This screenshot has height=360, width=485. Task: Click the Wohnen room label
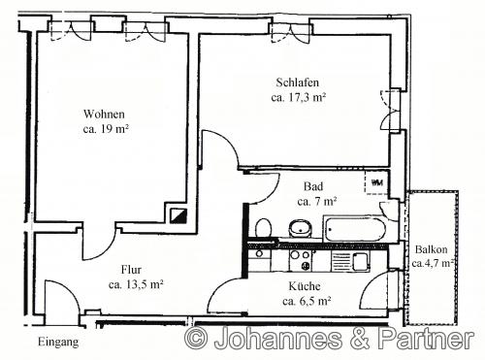(x=104, y=115)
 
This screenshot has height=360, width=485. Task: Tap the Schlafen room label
(x=298, y=82)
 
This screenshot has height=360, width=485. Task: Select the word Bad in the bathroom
(x=313, y=186)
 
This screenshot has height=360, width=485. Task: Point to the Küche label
(x=305, y=286)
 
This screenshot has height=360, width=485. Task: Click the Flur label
(x=131, y=270)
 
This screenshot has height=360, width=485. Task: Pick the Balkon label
(x=432, y=249)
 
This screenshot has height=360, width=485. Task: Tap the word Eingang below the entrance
(x=58, y=342)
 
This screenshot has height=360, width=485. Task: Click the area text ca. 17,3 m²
(x=298, y=97)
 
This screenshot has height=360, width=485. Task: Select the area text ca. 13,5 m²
(x=136, y=284)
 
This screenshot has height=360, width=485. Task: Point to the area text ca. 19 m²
(x=106, y=129)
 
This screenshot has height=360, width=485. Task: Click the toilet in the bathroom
(x=263, y=229)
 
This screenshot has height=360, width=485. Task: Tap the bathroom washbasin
(x=301, y=229)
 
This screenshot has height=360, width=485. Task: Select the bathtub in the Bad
(x=355, y=229)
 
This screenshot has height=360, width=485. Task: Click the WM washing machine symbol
(x=376, y=182)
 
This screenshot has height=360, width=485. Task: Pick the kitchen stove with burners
(x=301, y=260)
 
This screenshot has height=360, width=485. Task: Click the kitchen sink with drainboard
(x=350, y=261)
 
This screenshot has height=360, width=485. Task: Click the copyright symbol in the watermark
(x=196, y=338)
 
